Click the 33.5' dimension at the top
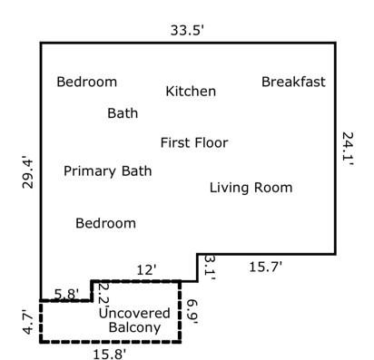click(188, 29)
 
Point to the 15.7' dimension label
click(266, 267)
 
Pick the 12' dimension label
click(146, 269)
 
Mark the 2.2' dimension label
click(103, 294)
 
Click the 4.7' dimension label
click(27, 323)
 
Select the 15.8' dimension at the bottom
click(108, 353)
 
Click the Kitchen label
click(191, 92)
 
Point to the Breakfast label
click(293, 82)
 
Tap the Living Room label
click(251, 188)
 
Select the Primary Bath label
click(107, 170)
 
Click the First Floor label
click(194, 142)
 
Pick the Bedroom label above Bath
click(86, 82)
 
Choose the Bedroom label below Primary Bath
click(105, 223)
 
